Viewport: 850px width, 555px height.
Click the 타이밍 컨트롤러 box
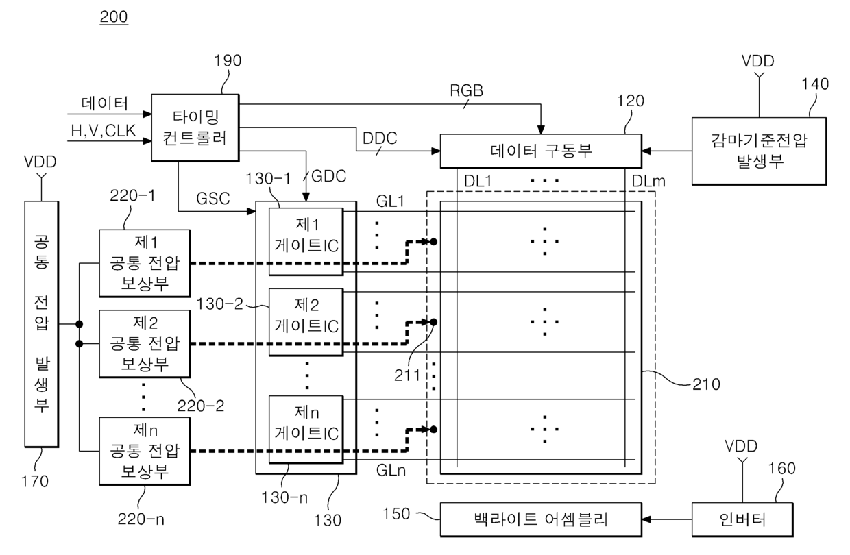click(x=195, y=128)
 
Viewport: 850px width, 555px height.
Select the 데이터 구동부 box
click(x=541, y=151)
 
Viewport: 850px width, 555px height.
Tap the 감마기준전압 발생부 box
click(x=759, y=151)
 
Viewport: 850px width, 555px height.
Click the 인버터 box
click(x=742, y=519)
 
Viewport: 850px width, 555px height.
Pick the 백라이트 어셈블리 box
click(x=541, y=519)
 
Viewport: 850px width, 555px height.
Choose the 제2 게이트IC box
click(x=306, y=322)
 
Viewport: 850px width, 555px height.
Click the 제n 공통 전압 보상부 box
click(x=145, y=451)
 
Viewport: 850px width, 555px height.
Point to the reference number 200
click(x=114, y=16)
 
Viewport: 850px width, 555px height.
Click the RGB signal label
click(x=466, y=90)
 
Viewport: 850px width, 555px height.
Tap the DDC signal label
click(x=380, y=138)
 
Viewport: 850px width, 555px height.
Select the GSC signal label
click(x=213, y=199)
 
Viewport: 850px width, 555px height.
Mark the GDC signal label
click(x=328, y=176)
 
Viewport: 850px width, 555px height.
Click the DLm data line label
click(x=648, y=182)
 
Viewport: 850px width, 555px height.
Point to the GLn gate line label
click(x=391, y=471)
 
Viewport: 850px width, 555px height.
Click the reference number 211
click(x=407, y=375)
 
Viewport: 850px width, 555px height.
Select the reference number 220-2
click(x=201, y=406)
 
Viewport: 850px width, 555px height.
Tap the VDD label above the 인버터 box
click(x=741, y=446)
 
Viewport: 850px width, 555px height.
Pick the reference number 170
click(x=35, y=482)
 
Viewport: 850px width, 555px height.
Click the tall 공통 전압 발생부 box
click(x=41, y=324)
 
